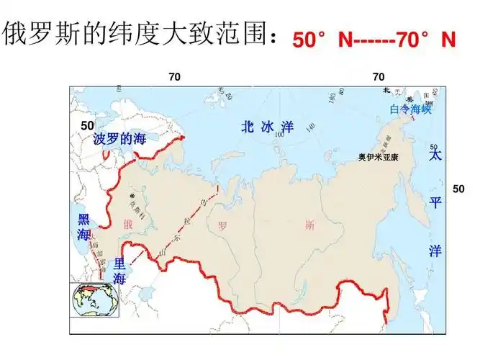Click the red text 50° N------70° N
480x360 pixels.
click(x=374, y=40)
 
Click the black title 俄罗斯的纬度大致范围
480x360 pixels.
click(x=137, y=34)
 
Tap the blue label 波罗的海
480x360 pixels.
click(x=119, y=139)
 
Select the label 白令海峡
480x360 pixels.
click(x=410, y=109)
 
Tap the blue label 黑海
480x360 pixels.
click(x=84, y=227)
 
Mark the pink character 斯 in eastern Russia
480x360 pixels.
click(x=309, y=225)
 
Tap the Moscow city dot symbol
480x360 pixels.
click(x=132, y=196)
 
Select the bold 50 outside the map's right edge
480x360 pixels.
click(x=459, y=188)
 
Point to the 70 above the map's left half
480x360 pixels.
click(x=175, y=76)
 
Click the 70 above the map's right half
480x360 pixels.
click(x=379, y=76)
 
